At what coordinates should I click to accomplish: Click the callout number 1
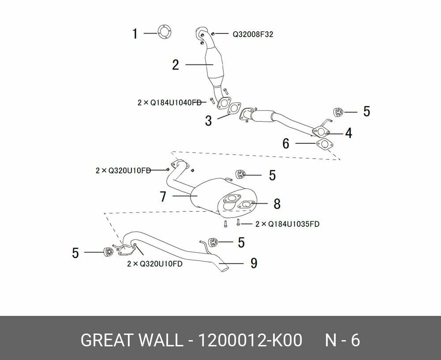point(135,34)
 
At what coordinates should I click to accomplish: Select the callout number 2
point(176,65)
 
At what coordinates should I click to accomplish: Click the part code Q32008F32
point(253,34)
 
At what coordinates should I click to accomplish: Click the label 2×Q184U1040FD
point(170,102)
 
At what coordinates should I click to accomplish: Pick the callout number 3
point(208,121)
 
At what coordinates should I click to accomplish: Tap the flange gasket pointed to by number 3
point(235,109)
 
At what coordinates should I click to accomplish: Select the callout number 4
point(349,133)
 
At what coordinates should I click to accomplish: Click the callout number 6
point(286,143)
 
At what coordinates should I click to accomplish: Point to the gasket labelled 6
point(325,144)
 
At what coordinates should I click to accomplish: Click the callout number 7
point(163,196)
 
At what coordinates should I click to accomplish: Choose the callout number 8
point(277,204)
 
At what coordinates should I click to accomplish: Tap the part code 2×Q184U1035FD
point(288,224)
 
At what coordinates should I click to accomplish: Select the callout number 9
point(254,263)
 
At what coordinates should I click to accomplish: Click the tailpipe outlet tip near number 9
point(225,270)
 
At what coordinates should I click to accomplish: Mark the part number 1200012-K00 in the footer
point(250,340)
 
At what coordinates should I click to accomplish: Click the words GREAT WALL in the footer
point(131,340)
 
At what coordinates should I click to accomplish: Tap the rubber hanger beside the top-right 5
point(338,112)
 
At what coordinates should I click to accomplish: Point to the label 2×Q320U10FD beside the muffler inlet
point(123,171)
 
